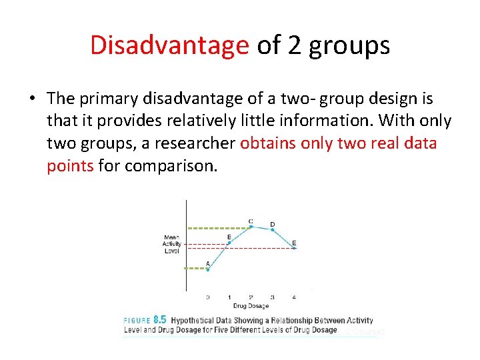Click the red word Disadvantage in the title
pos(169,45)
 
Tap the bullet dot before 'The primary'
pos(32,99)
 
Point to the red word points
pos(70,166)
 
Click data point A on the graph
pos(207,269)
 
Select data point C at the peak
pos(251,227)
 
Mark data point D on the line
pos(273,230)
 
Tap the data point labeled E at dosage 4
pos(294,248)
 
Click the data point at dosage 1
pos(229,243)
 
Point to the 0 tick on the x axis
pos(207,297)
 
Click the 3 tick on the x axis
pos(273,297)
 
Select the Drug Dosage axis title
pos(251,306)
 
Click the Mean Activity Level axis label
pos(172,244)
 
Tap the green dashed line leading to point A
pos(197,269)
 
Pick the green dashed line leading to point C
pos(217,227)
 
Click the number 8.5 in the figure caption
pos(159,320)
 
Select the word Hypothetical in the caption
pos(197,321)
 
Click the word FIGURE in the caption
pos(137,321)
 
